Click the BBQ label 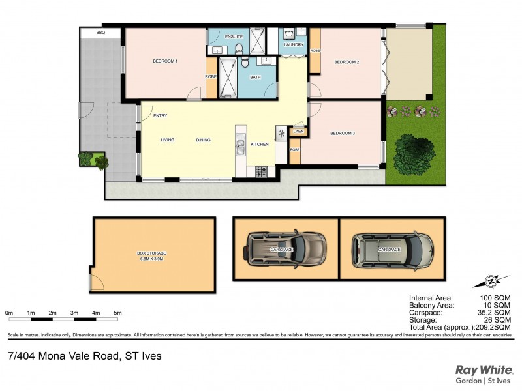100,32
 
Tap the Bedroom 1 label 165,61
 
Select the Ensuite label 234,36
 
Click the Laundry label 294,45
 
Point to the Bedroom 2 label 346,62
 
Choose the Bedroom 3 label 343,133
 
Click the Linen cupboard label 298,132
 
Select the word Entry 160,116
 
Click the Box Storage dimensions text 151,259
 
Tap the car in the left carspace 286,249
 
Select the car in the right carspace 392,249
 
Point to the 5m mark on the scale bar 117,313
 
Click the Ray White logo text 483,368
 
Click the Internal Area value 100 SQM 495,297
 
